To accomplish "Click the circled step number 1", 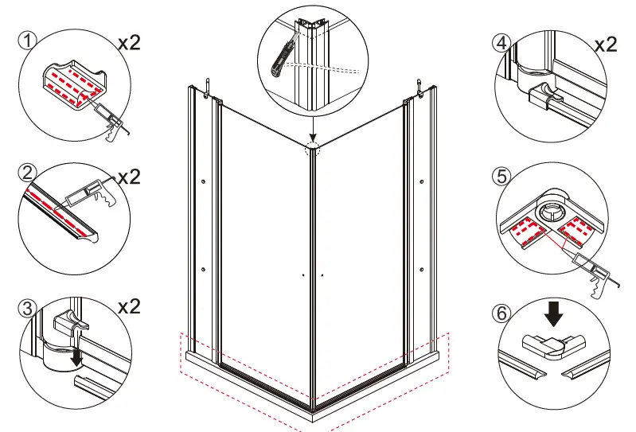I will [29, 41].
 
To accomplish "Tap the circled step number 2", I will [28, 172].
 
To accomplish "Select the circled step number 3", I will [28, 308].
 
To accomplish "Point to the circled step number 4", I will [503, 41].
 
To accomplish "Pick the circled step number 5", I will [503, 174].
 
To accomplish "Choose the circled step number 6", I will [501, 313].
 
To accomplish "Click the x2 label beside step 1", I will [128, 42].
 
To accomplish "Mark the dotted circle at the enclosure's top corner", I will [312, 147].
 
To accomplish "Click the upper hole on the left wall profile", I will [205, 182].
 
